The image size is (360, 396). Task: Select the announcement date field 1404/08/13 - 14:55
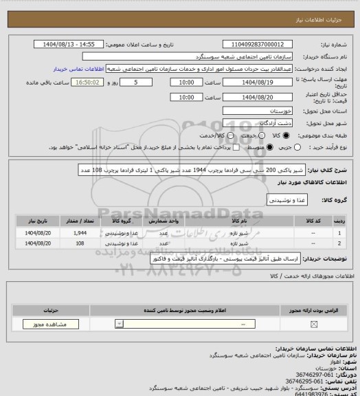click(x=69, y=44)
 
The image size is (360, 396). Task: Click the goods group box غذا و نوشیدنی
click(x=284, y=199)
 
